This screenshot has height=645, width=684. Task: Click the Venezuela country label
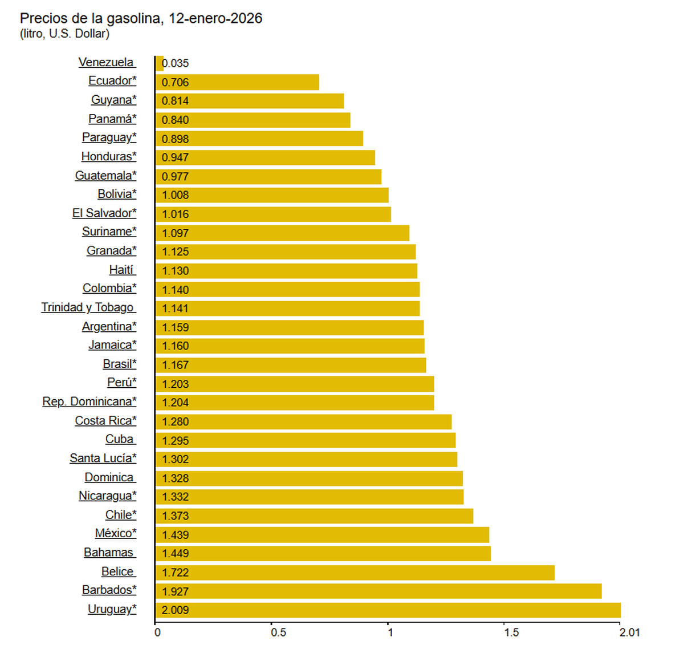tap(107, 62)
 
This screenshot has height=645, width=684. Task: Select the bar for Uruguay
tap(388, 610)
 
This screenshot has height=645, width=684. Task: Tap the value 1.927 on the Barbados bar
tap(175, 591)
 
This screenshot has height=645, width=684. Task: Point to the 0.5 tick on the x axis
tap(278, 632)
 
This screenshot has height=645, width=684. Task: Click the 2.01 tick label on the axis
tap(630, 632)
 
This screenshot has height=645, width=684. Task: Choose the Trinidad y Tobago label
tap(88, 307)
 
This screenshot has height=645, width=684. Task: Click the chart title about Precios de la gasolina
tap(141, 18)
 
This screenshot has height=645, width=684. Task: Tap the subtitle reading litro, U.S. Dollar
tap(64, 34)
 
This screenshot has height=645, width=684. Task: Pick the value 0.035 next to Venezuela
tap(176, 63)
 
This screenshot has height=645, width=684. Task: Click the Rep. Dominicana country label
tap(89, 401)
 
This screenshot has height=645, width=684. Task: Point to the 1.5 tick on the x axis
tap(511, 632)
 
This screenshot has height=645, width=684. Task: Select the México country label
tap(116, 533)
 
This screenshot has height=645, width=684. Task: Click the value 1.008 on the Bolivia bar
tap(175, 195)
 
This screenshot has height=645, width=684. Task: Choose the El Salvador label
tap(104, 213)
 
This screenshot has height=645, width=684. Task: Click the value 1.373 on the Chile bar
tap(175, 516)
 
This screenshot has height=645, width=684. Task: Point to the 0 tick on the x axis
tap(158, 632)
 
